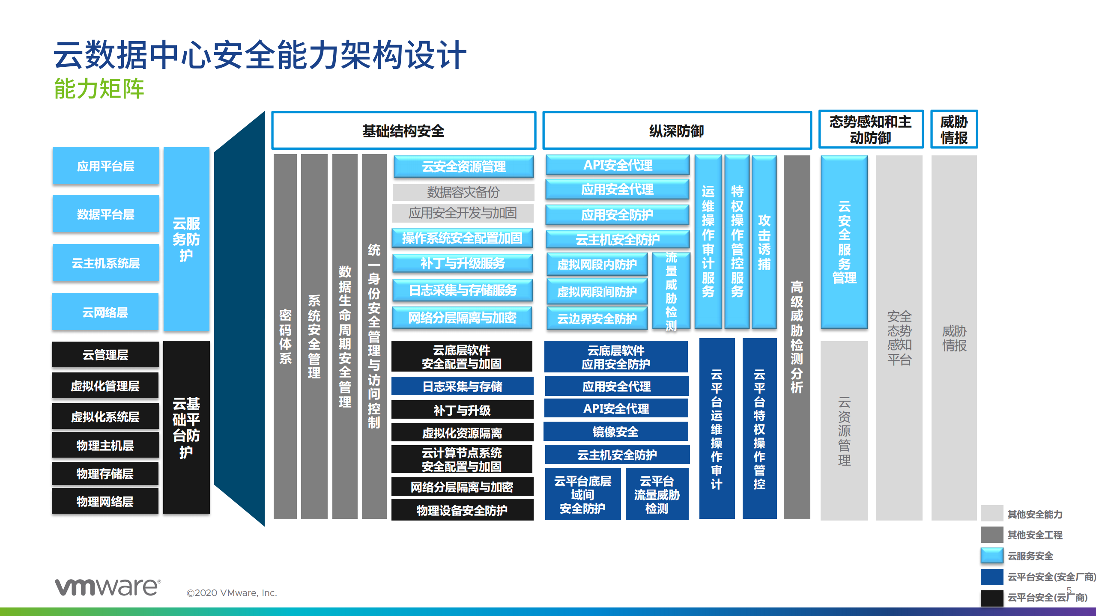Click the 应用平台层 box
[x=106, y=166]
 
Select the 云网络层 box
[x=105, y=312]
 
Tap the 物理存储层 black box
[x=105, y=474]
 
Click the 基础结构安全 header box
[x=403, y=131]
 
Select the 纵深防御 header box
[x=677, y=131]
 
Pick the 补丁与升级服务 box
[x=463, y=263]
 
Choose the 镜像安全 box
[x=616, y=431]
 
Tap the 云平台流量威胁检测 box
[x=657, y=494]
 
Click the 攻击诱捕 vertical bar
[x=764, y=242]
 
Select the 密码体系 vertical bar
[x=285, y=336]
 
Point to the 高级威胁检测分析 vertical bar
[x=797, y=336]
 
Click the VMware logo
[x=108, y=586]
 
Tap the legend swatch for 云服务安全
[x=992, y=556]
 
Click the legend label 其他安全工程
[x=1035, y=535]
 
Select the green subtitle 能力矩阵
[x=99, y=89]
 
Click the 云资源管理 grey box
[x=844, y=431]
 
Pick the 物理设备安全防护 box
[x=462, y=510]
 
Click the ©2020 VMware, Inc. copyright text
[x=232, y=593]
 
